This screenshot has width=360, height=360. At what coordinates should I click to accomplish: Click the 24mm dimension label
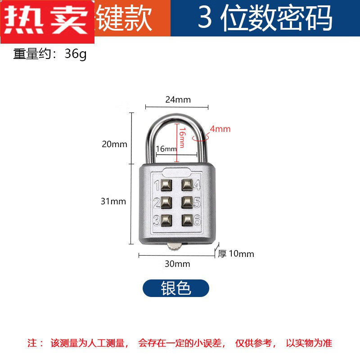(x=178, y=100)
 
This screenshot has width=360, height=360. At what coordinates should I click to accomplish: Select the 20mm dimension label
(x=114, y=144)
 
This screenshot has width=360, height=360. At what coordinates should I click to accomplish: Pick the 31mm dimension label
(x=113, y=201)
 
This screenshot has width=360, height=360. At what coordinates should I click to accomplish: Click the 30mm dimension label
(x=177, y=264)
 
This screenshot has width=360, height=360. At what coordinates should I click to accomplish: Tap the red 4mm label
(x=220, y=129)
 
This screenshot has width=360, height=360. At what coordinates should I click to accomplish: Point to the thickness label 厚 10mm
(x=236, y=254)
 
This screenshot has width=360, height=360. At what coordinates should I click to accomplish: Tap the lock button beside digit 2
(x=166, y=202)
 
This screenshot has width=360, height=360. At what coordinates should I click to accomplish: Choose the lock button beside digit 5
(x=188, y=202)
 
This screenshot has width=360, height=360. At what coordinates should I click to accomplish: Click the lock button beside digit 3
(x=166, y=220)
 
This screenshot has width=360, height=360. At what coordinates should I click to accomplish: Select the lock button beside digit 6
(x=188, y=220)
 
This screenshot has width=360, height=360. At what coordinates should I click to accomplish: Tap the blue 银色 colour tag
(x=176, y=288)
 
